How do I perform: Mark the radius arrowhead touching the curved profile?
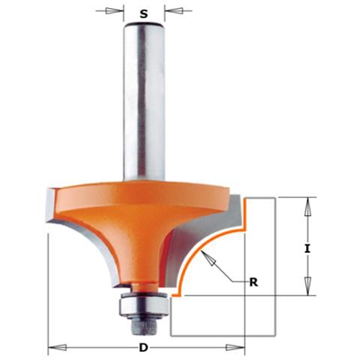pyautogui.click(x=208, y=256)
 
